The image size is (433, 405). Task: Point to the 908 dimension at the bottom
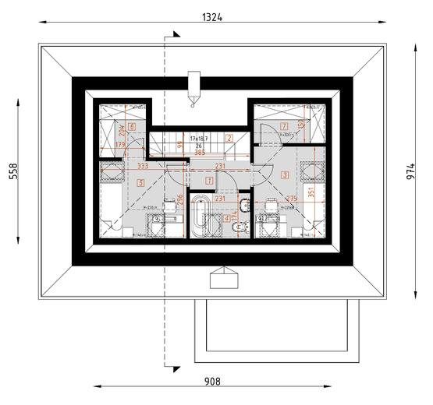[x=211, y=382]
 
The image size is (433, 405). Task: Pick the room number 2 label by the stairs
[x=229, y=138]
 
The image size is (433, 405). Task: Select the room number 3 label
[x=286, y=175]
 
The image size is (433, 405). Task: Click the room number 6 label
[x=133, y=126]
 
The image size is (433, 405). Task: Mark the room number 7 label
[x=284, y=125]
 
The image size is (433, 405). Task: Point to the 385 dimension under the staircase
[x=199, y=153]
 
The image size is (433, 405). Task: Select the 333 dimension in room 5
[x=142, y=166]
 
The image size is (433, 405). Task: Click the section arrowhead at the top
[x=177, y=33]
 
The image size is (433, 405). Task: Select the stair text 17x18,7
[x=199, y=138]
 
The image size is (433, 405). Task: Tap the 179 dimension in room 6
[x=119, y=145]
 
